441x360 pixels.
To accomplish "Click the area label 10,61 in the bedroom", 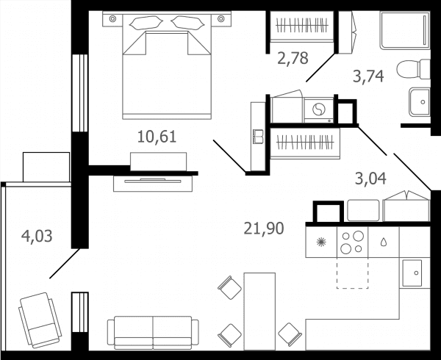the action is click(157, 137).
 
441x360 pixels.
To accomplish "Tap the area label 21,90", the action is click(264, 228).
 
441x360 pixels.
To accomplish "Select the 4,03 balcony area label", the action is click(37, 237).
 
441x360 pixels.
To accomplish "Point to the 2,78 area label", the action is click(293, 59).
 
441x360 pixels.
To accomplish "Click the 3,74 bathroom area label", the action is click(368, 76).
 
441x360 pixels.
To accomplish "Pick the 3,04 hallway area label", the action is click(370, 179).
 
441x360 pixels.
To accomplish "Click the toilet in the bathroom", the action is click(413, 69).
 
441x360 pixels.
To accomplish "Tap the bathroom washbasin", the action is click(420, 101).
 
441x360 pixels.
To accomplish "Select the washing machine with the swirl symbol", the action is click(319, 110).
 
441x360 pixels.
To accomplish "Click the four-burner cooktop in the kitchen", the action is click(352, 242).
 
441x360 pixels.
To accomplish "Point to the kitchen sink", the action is click(412, 273).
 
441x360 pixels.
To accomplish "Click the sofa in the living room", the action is click(153, 333).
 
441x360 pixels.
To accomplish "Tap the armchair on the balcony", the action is click(40, 320).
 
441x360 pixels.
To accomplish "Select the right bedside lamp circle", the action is click(221, 18).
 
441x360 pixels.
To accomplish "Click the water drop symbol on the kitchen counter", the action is click(384, 242).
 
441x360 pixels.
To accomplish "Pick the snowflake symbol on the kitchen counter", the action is click(321, 242).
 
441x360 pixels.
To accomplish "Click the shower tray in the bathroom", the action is click(405, 30).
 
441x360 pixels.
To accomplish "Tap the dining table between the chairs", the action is click(259, 312).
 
